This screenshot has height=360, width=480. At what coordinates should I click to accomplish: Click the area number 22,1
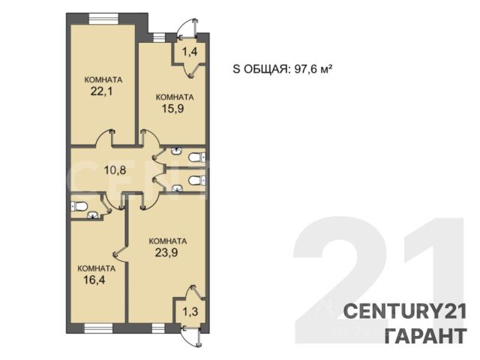coord(101,91)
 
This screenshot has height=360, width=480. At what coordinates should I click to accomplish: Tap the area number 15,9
coord(172,108)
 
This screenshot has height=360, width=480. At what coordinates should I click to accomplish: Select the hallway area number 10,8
coord(115,169)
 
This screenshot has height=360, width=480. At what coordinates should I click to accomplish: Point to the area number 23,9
coord(166,253)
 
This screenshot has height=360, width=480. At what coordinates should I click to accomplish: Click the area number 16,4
coord(94,280)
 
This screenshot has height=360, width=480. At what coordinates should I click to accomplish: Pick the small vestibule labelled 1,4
coord(190,52)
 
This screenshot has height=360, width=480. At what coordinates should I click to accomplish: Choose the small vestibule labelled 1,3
coord(190,312)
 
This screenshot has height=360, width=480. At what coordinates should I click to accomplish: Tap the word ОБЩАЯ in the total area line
coord(265,70)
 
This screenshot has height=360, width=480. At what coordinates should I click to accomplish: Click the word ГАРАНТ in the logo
coord(426,335)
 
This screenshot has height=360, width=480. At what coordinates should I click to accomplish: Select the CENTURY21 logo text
coord(405,312)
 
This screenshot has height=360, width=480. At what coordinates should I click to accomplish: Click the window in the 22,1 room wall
coord(103,18)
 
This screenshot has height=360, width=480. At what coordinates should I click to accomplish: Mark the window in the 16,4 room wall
coord(98,328)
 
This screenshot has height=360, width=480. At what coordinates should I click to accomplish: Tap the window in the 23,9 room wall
coord(158,328)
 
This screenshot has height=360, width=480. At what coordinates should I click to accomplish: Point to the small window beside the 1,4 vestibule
coord(159,37)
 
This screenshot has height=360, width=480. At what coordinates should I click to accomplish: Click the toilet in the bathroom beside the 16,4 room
coord(78,206)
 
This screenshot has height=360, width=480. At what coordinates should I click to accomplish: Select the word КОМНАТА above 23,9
coord(168,241)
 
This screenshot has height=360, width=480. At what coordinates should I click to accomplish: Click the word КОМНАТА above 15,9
coord(175,97)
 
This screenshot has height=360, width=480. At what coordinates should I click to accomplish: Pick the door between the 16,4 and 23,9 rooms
coord(120,253)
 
